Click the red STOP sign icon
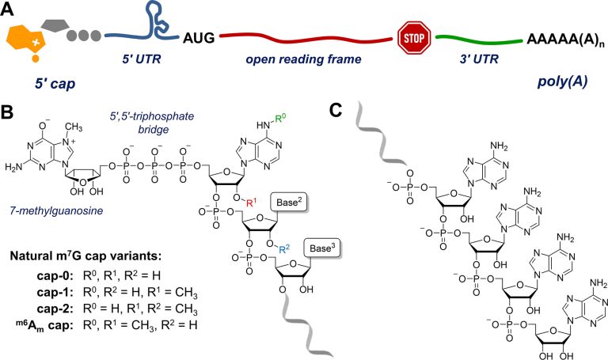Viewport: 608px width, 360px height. coord(411,37)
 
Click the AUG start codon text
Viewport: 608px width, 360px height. coord(198,36)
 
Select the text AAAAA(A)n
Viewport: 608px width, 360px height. coord(563,38)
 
